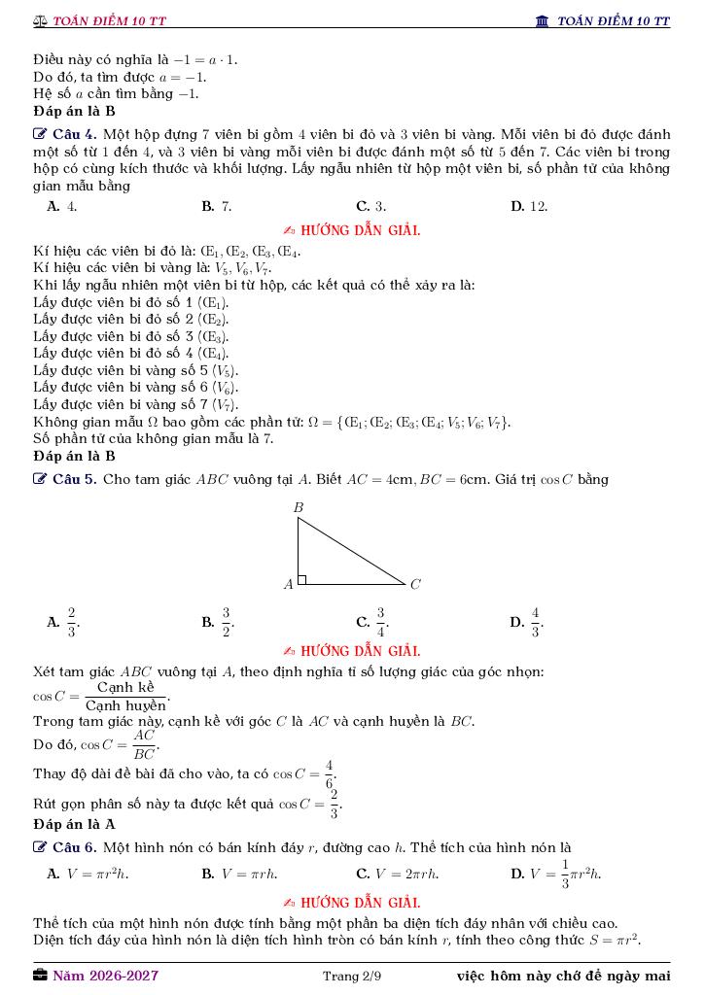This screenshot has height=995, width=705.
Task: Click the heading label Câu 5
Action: pos(74,479)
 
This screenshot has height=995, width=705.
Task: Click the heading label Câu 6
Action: pos(74,847)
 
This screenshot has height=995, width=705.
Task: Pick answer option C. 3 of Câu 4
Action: pos(371,206)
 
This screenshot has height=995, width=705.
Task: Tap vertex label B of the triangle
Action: pos(299,507)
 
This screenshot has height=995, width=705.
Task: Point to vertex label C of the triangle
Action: pos(415,585)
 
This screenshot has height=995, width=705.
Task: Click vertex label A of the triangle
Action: pos(288,585)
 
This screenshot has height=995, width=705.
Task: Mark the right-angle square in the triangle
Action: pos(302,580)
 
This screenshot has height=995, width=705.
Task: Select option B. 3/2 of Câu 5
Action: pos(218,622)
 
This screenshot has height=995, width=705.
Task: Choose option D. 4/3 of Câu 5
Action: pos(527,622)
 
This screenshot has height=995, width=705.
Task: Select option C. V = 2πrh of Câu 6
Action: pos(398,874)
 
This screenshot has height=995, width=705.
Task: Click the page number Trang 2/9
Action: pos(352,976)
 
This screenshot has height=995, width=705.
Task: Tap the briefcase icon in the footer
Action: pos(40,976)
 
